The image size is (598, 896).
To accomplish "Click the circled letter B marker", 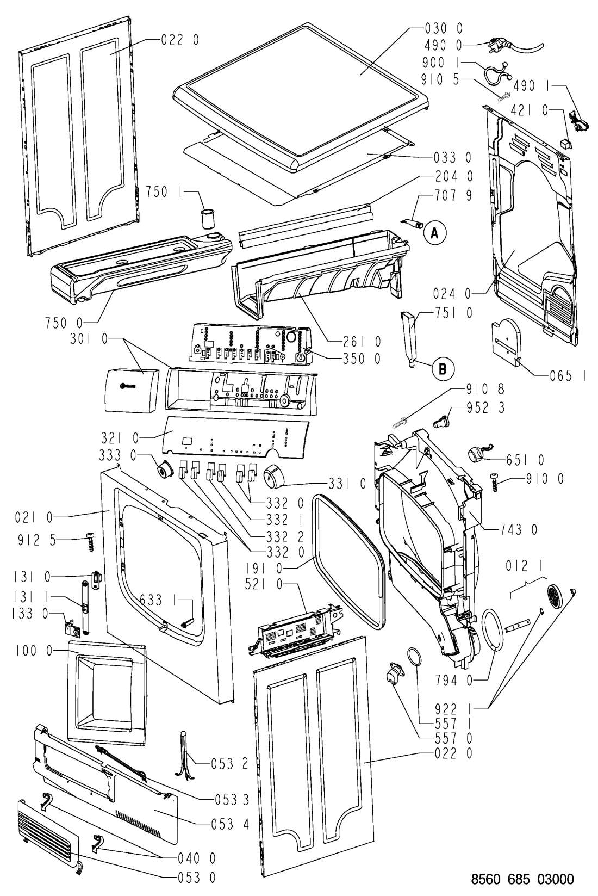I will [x=442, y=369].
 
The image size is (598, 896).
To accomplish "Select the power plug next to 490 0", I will [x=499, y=47].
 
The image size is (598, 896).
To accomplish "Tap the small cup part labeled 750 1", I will [x=206, y=219].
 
